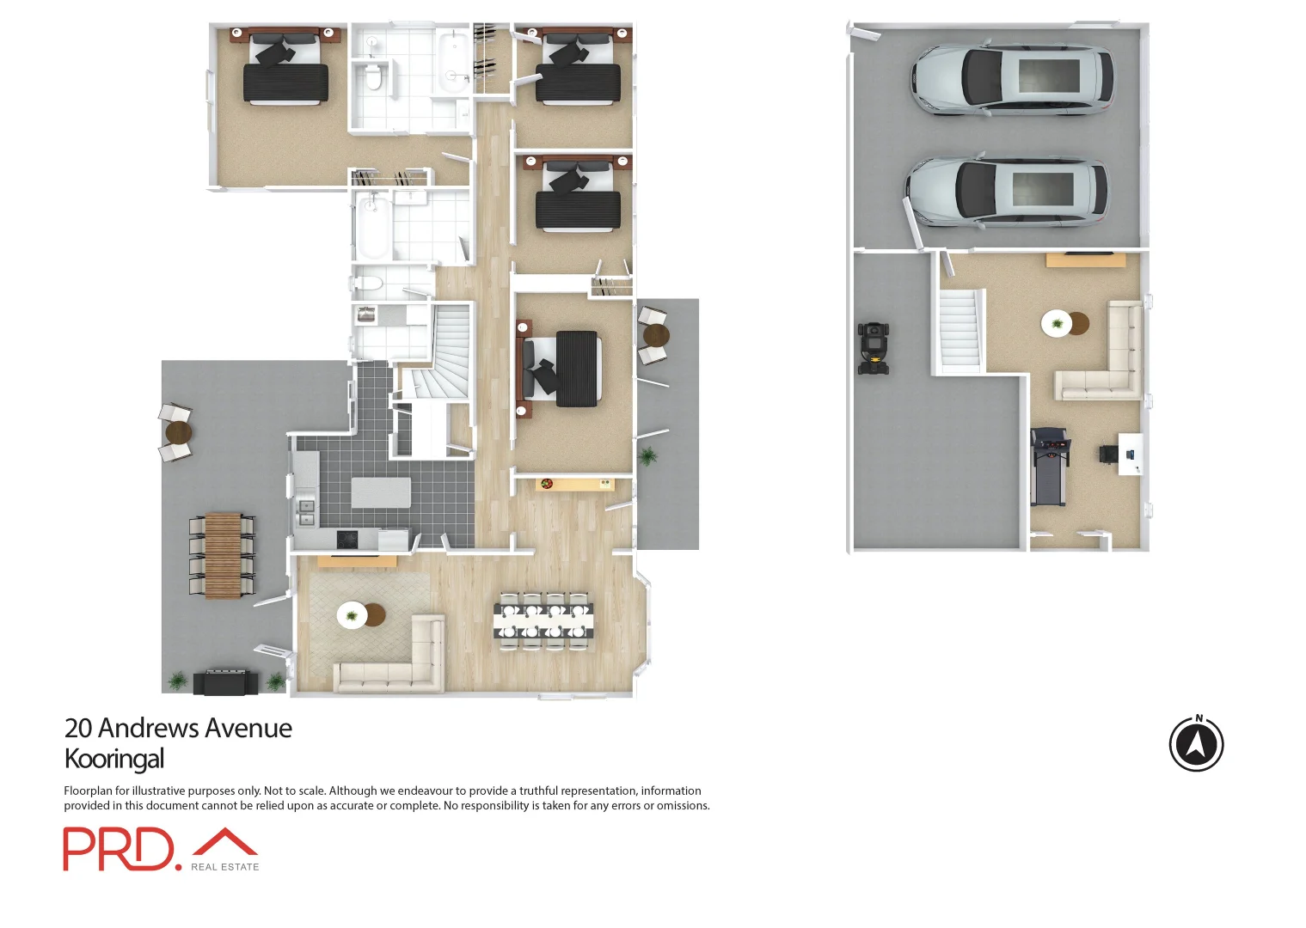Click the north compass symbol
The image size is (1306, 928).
1196,744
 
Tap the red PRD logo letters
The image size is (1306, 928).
118,849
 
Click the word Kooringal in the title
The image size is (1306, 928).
114,759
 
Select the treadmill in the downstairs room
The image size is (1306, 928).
1049,467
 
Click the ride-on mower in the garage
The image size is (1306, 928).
873,348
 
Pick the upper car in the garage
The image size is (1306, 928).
1012,79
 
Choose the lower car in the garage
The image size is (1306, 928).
1007,192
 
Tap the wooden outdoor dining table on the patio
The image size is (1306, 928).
223,555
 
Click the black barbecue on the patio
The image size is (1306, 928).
225,682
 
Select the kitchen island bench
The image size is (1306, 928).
381,493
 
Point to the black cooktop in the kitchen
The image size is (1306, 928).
346,540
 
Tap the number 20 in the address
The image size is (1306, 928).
78,729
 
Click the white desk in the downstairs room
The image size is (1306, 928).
1130,454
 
